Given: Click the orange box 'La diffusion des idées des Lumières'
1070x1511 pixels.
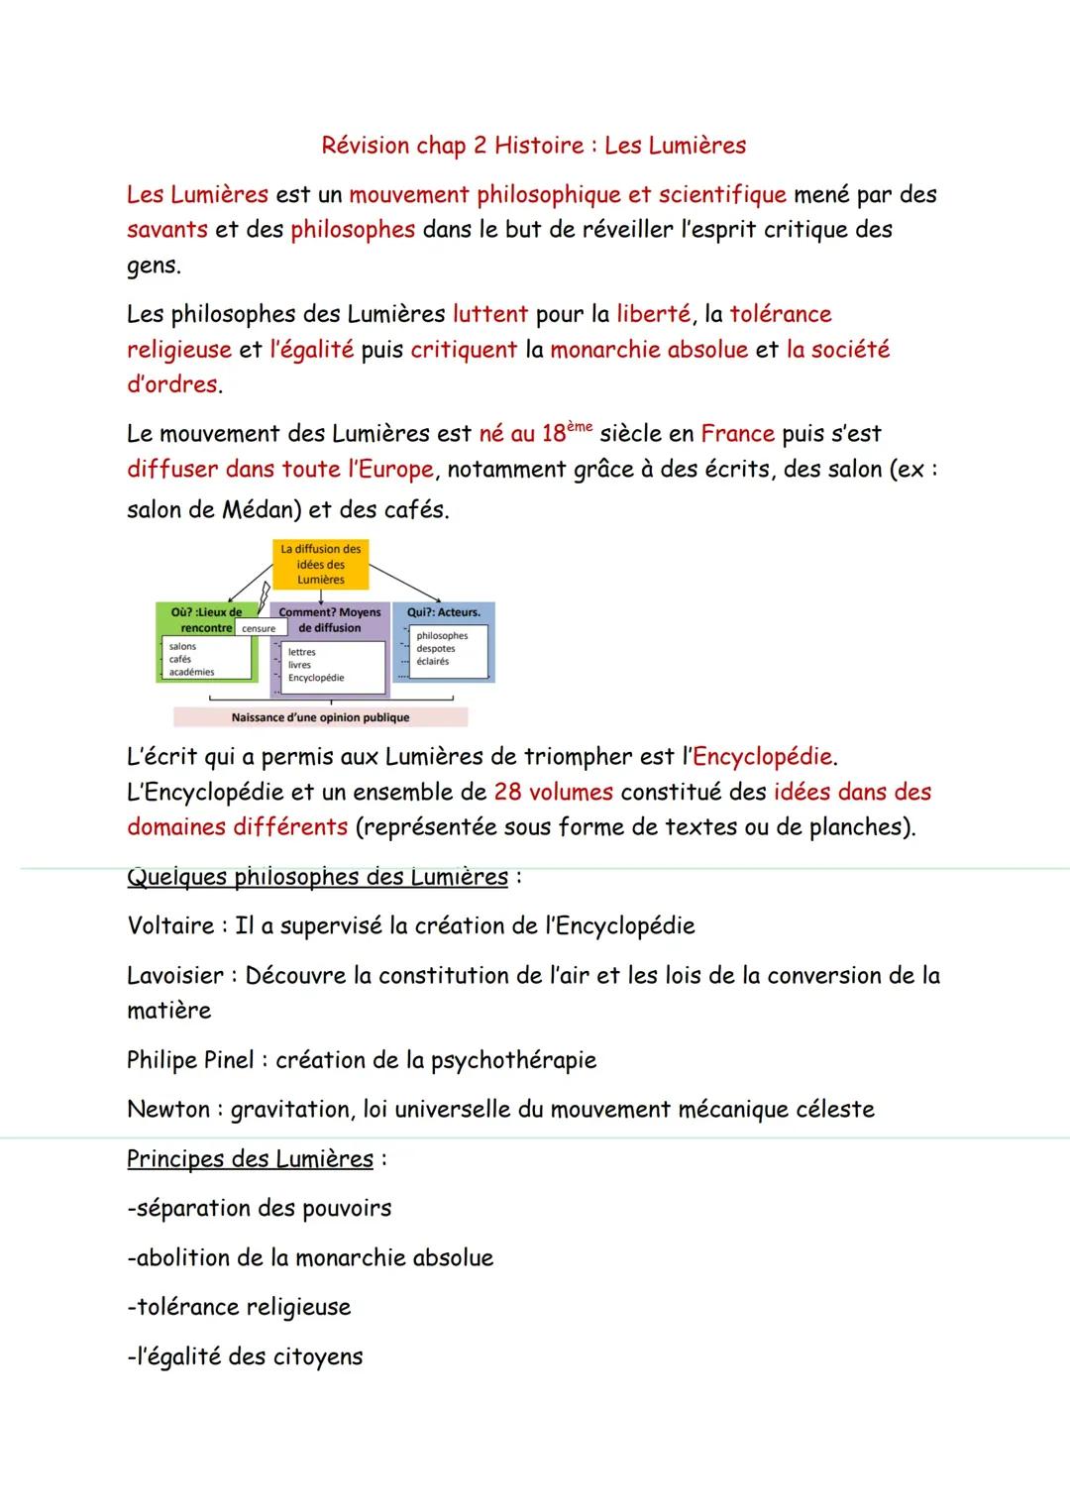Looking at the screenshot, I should coord(320,564).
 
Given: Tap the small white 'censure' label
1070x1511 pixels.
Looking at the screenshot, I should coord(259,628).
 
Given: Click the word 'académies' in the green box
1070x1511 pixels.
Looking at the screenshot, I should coord(191,672).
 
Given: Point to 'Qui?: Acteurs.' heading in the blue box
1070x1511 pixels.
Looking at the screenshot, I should coord(443,612).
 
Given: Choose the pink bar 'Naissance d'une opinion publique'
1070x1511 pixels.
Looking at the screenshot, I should coord(320,717).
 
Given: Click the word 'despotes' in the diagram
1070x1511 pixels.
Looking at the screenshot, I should coord(436,649).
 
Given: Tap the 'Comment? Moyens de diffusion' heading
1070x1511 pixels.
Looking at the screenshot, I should coord(330,620).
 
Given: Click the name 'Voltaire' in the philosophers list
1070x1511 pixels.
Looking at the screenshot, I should coord(170,925).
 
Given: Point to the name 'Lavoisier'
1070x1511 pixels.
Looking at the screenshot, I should coord(175,975).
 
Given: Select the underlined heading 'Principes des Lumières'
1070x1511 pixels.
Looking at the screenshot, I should coord(250,1158).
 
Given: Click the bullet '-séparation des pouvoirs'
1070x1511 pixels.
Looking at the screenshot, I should coord(259,1208).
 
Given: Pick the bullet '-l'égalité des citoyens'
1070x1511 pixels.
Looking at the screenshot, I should coord(245,1356).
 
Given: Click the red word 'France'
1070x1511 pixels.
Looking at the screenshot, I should coord(737,434).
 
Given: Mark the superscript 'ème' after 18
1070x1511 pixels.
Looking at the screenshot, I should coord(581,425).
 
